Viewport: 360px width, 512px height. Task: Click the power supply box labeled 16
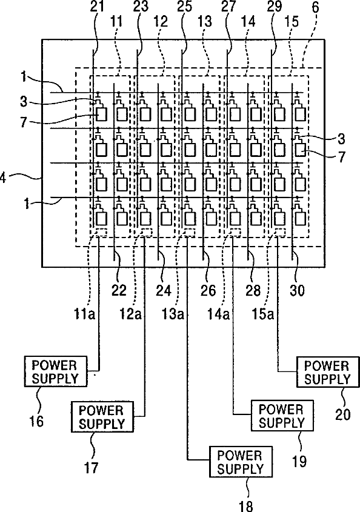click(56, 371)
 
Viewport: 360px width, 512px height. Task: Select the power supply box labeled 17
click(102, 417)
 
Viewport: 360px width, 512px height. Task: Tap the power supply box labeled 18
click(241, 462)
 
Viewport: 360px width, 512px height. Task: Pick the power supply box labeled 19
click(282, 416)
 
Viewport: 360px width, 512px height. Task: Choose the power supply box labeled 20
click(327, 372)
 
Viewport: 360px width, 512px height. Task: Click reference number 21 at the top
click(97, 7)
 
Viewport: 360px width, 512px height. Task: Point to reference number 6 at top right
click(316, 7)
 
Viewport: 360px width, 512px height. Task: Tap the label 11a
click(85, 314)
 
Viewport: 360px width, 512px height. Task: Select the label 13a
click(173, 314)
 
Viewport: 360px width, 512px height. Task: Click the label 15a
click(262, 314)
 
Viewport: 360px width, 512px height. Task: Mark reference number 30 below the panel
click(298, 290)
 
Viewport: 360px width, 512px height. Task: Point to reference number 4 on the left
click(3, 178)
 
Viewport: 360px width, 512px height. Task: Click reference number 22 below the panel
click(119, 290)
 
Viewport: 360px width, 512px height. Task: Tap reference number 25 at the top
click(185, 7)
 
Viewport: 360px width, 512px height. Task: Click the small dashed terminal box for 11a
click(101, 232)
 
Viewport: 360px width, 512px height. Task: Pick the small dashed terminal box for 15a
click(279, 232)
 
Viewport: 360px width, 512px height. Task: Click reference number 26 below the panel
click(208, 290)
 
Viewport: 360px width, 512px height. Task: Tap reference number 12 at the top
click(161, 22)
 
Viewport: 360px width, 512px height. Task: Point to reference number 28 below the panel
click(253, 290)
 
